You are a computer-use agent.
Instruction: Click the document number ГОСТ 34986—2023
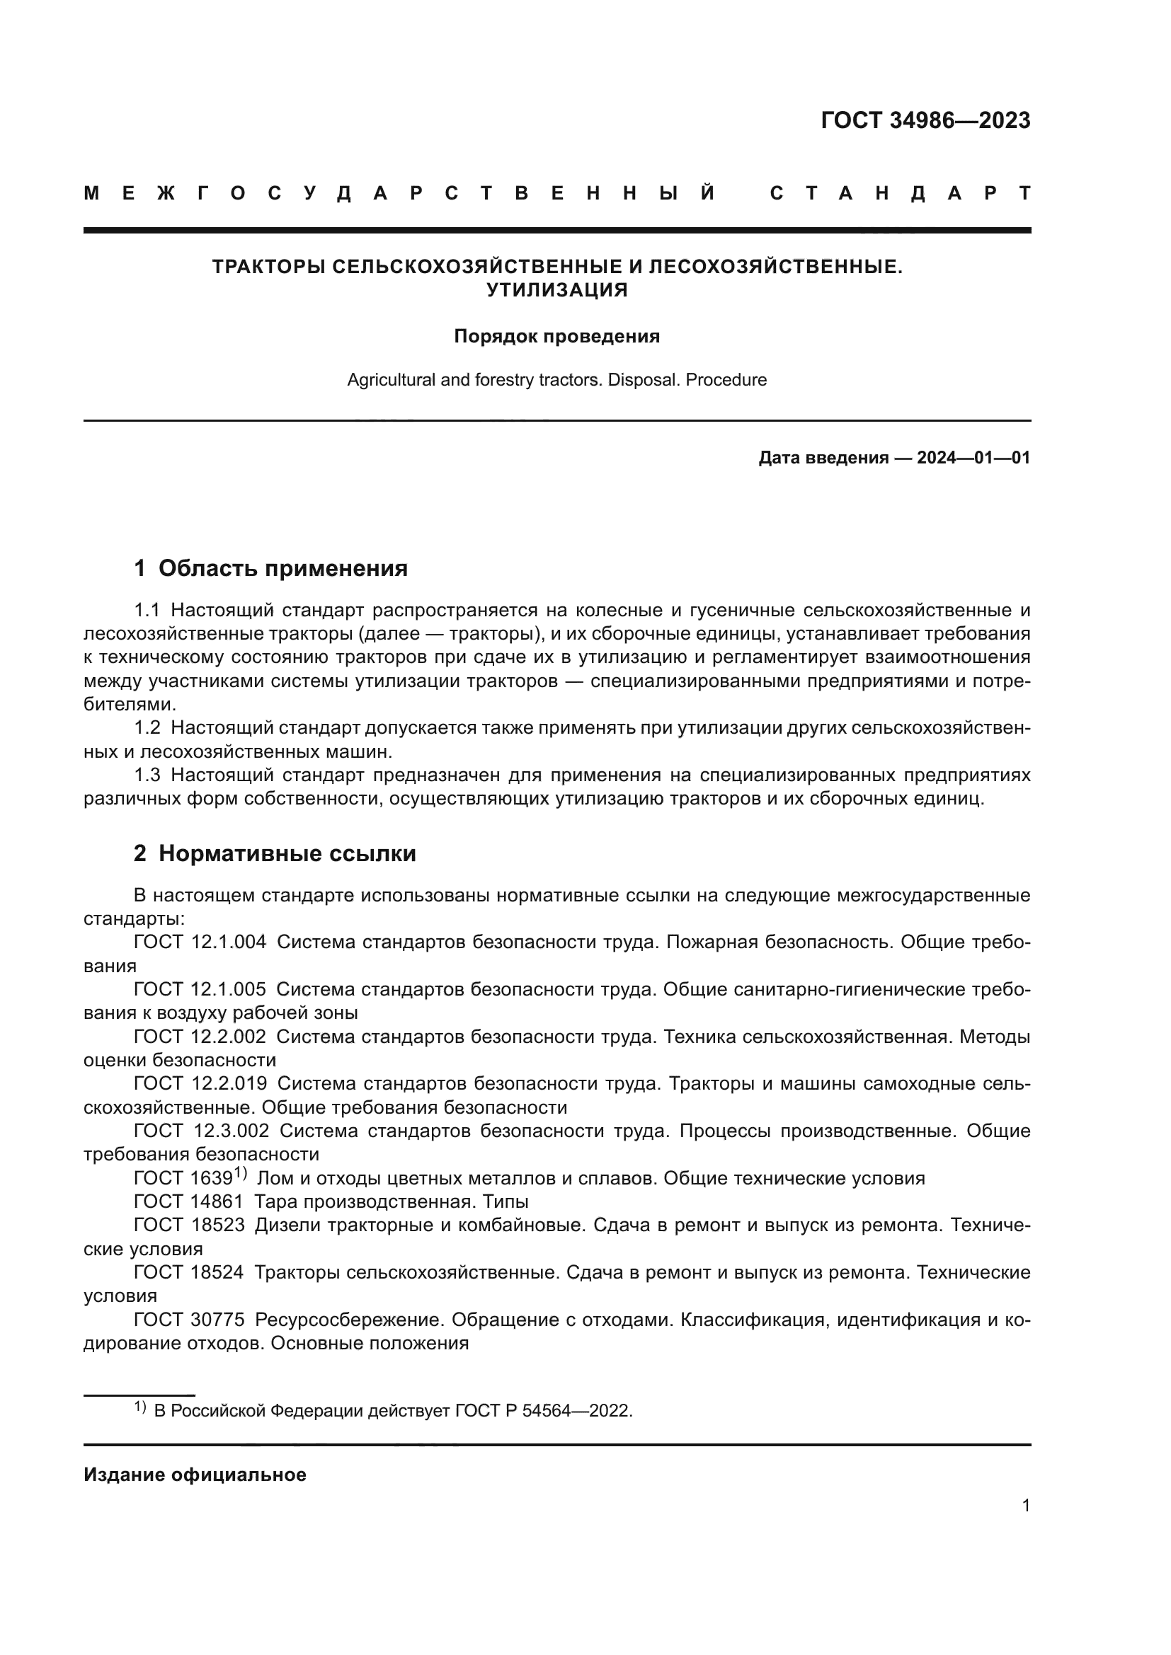(925, 120)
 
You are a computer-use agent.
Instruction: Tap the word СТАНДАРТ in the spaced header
(900, 193)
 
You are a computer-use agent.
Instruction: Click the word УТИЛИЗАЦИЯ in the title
(556, 291)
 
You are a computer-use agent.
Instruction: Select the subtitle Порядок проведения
(556, 337)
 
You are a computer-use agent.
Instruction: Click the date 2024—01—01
(973, 458)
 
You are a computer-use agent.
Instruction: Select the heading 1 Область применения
(270, 568)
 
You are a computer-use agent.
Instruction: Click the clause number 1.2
(147, 728)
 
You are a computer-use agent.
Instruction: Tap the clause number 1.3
(147, 775)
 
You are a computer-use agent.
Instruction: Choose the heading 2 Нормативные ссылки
(275, 853)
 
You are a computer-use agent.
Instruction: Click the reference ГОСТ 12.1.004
(200, 941)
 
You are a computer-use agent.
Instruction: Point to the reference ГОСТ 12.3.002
(201, 1130)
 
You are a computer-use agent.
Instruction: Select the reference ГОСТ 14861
(189, 1201)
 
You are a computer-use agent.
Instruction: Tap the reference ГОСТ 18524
(189, 1271)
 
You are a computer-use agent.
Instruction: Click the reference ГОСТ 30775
(189, 1319)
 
